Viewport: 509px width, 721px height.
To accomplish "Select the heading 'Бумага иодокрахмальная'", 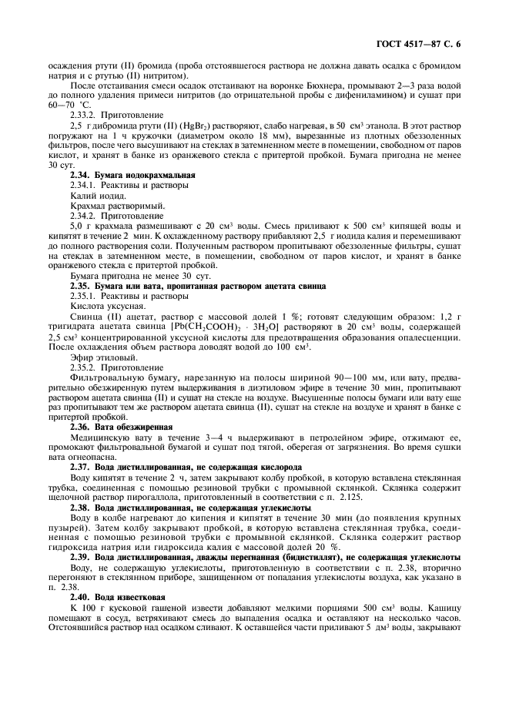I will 132,176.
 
